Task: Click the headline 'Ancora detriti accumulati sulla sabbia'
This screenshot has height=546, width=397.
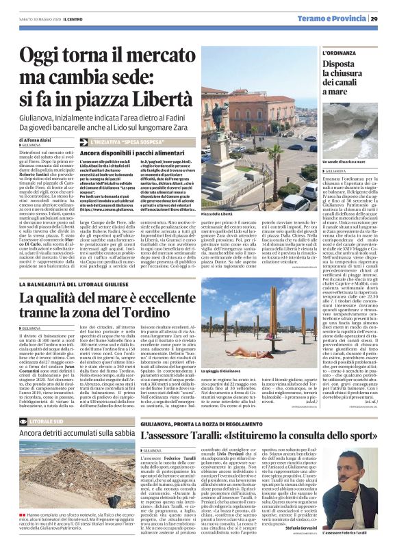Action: (77, 434)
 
